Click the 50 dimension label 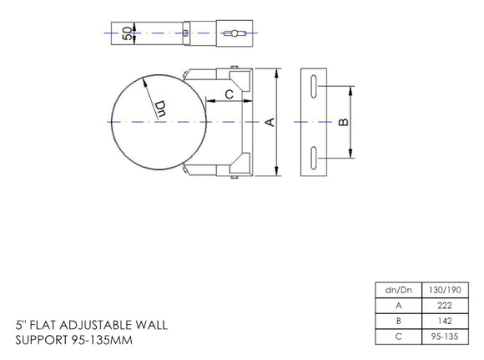click(x=126, y=33)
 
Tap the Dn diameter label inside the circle click(x=162, y=107)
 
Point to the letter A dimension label click(x=269, y=122)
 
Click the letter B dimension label click(x=345, y=122)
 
